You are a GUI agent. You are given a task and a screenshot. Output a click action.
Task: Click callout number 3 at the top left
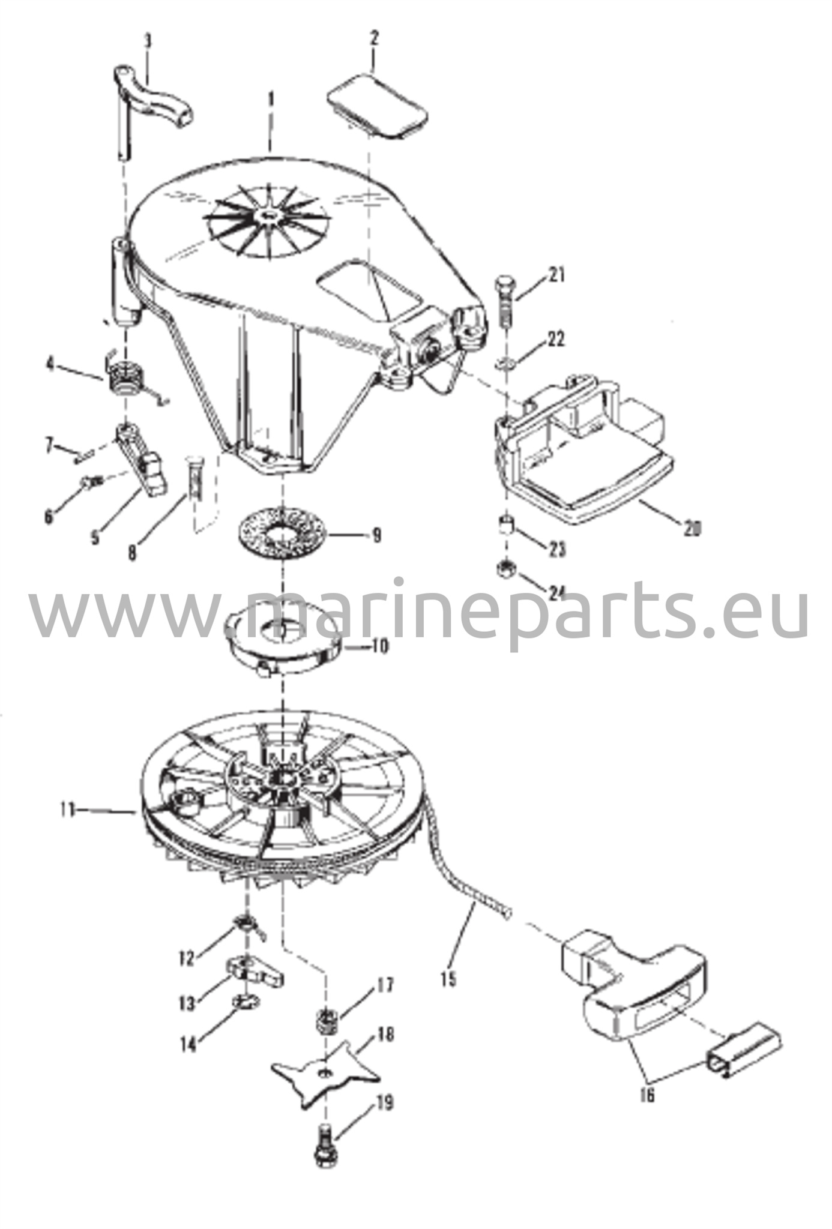point(148,42)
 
